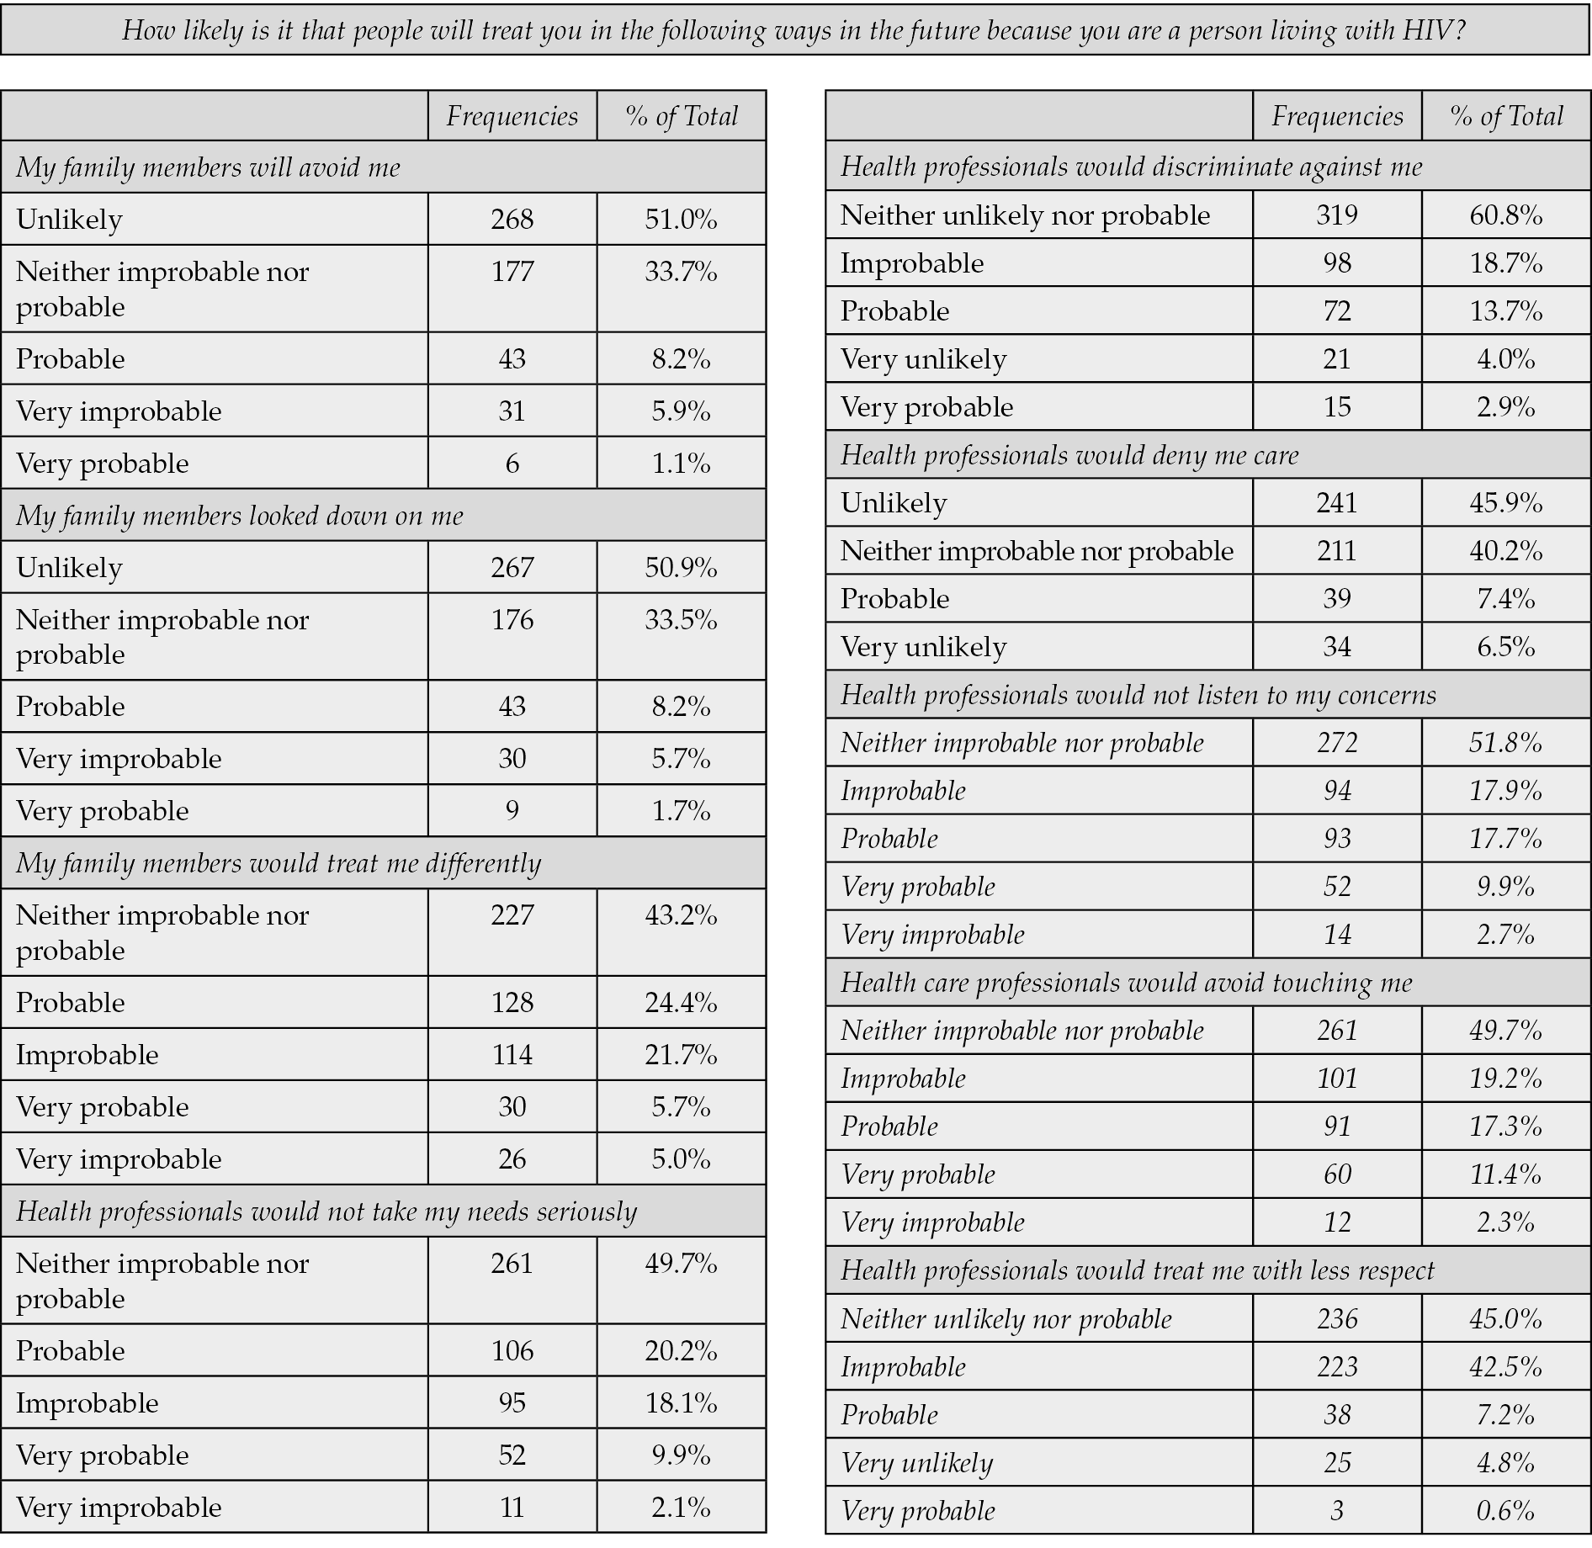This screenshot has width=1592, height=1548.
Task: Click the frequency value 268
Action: tap(512, 220)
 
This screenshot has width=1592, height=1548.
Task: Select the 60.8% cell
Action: tap(1505, 215)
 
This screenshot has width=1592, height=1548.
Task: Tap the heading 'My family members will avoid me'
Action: tap(208, 167)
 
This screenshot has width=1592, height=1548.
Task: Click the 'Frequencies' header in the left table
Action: tap(512, 116)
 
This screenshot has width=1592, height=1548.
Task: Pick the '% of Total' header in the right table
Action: tap(1505, 116)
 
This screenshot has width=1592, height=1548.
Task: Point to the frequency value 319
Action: tap(1336, 215)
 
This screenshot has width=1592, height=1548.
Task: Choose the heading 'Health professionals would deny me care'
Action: tap(1069, 455)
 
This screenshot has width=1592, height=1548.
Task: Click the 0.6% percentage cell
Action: tap(1505, 1511)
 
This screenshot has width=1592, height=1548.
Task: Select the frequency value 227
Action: tap(512, 915)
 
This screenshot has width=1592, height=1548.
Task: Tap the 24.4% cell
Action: tap(681, 1003)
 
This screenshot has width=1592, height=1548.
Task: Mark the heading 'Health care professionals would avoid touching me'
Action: tap(1126, 983)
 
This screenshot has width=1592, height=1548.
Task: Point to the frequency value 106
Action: tap(512, 1351)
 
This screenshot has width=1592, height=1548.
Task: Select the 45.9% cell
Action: tap(1505, 503)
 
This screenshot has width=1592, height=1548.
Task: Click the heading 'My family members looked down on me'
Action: tap(239, 515)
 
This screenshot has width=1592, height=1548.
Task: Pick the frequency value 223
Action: tap(1336, 1367)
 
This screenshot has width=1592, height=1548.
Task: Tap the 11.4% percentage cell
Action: tap(1505, 1174)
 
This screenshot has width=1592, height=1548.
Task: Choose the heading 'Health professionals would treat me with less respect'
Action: tap(1137, 1270)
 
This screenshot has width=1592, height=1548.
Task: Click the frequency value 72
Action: tap(1336, 311)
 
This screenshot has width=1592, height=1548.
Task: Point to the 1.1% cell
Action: tap(681, 464)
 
